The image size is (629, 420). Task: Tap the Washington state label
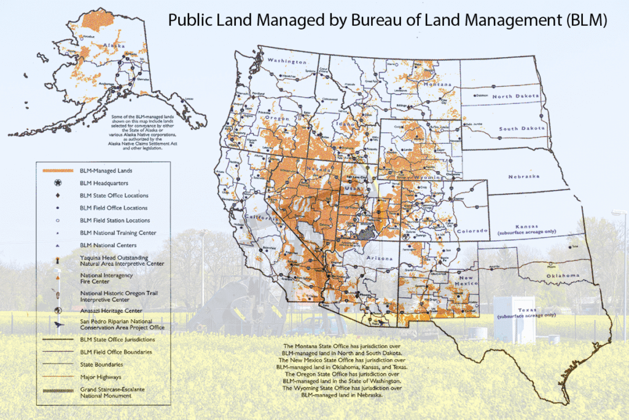click(286, 61)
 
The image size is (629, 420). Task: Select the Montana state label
click(437, 83)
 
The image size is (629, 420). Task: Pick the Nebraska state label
click(524, 176)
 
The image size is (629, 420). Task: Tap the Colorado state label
click(472, 231)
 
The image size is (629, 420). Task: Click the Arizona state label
click(378, 258)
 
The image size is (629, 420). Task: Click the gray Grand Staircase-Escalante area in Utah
click(367, 232)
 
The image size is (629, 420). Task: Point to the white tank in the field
click(514, 319)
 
